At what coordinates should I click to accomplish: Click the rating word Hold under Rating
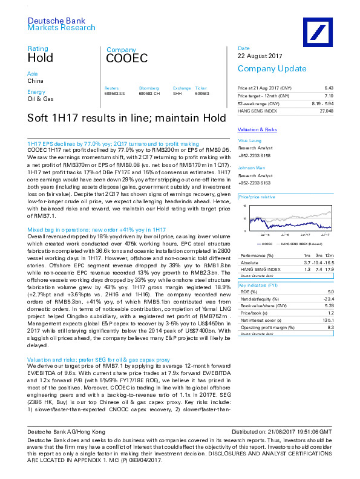(x=40, y=58)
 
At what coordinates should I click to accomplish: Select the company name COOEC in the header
(x=126, y=59)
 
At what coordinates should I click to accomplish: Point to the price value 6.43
(x=329, y=88)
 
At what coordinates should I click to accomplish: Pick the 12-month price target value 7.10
(x=329, y=96)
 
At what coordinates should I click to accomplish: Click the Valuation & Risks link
(x=257, y=130)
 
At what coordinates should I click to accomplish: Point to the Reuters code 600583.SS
(x=114, y=94)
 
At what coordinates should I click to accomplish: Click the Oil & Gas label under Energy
(x=41, y=99)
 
